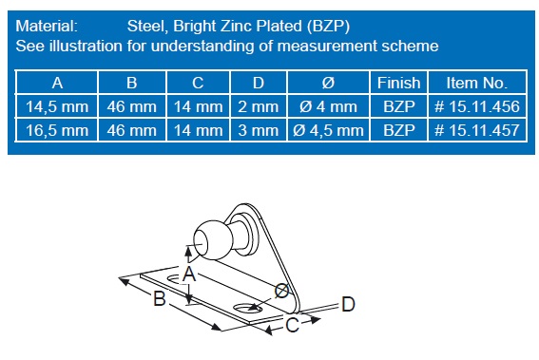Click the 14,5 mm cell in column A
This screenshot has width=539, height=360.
[57, 106]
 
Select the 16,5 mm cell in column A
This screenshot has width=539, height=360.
[57, 130]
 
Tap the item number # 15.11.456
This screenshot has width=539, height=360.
[477, 106]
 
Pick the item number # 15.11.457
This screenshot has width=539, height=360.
[477, 130]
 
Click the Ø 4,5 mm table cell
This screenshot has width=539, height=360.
[328, 130]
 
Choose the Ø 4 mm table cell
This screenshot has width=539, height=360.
[328, 106]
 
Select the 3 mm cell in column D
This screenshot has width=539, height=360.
[259, 130]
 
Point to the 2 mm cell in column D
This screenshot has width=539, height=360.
[259, 106]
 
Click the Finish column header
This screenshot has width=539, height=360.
[398, 83]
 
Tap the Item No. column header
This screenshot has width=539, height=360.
[477, 83]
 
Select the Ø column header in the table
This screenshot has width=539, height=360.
[328, 83]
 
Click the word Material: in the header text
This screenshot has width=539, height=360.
[47, 26]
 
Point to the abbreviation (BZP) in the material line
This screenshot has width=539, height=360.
[328, 27]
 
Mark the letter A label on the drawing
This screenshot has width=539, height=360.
[189, 274]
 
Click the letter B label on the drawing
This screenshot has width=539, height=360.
[160, 298]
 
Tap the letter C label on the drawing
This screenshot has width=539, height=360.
[293, 325]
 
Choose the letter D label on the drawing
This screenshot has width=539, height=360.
[348, 304]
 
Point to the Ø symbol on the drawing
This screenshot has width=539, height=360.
[282, 291]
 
